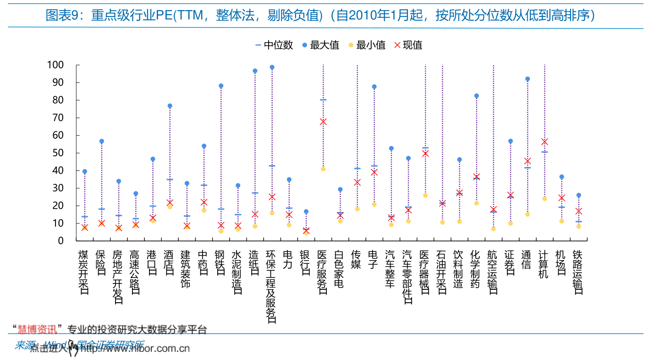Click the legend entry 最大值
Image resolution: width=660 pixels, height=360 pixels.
coord(320,45)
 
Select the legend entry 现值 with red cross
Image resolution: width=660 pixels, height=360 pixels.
coord(408,45)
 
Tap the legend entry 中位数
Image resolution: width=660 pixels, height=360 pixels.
coord(274,45)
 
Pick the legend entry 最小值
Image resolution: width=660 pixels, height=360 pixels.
coord(367,45)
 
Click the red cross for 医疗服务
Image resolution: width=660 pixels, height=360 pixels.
coord(323,121)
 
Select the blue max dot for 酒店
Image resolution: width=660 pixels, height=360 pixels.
coord(170,106)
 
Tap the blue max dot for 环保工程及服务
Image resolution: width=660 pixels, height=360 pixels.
coord(272,67)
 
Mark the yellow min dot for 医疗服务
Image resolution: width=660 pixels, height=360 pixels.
coord(323,169)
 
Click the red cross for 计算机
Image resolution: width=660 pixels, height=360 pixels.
coord(544,142)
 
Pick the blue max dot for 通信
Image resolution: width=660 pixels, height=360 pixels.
coord(528,79)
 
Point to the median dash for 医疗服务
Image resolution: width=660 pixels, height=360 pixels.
coord(323,99)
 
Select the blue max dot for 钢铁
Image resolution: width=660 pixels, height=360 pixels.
coord(221,86)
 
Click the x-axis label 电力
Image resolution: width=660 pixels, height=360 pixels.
coord(288,260)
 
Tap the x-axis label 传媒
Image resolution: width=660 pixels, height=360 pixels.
coord(356,260)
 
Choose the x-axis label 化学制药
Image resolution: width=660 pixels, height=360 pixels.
coord(475,269)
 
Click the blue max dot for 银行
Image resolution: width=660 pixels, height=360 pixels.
coord(306,212)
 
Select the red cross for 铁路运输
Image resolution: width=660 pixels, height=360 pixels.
coord(578,211)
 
